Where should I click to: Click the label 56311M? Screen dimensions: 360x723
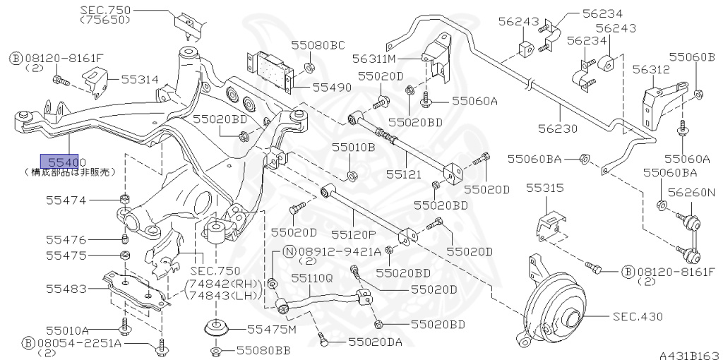point(374,59)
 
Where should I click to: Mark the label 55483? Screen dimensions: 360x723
point(66,289)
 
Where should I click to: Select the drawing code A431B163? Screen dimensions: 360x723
point(689,354)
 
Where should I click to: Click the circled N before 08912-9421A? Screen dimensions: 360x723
point(289,251)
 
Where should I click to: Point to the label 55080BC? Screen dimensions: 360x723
point(318,45)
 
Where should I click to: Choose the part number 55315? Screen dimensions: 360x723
point(545,189)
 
